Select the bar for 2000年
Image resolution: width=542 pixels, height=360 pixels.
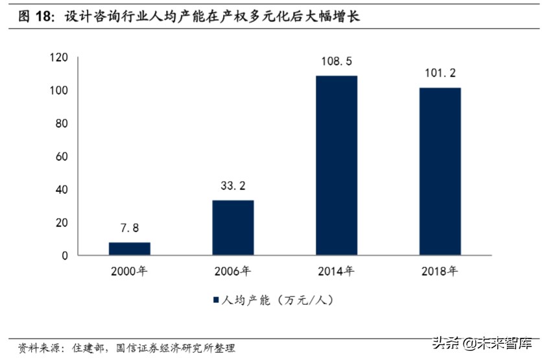click(129, 248)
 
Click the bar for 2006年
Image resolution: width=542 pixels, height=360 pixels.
click(233, 228)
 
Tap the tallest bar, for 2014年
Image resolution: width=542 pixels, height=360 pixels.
click(336, 165)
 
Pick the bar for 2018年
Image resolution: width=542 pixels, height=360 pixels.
click(440, 171)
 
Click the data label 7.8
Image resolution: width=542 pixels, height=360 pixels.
click(129, 228)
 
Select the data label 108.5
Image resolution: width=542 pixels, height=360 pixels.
click(336, 62)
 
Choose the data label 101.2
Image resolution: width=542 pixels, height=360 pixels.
click(440, 74)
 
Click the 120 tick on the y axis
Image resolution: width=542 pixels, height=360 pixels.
click(59, 58)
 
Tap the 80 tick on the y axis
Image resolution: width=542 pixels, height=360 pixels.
click(62, 124)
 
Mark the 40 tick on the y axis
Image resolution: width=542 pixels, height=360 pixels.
click(62, 189)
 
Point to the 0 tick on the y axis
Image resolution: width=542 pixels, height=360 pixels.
click(65, 256)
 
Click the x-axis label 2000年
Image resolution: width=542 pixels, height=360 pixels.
click(129, 270)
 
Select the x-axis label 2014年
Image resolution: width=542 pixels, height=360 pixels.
click(336, 270)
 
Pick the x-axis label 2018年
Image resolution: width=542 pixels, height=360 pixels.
click(440, 270)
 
